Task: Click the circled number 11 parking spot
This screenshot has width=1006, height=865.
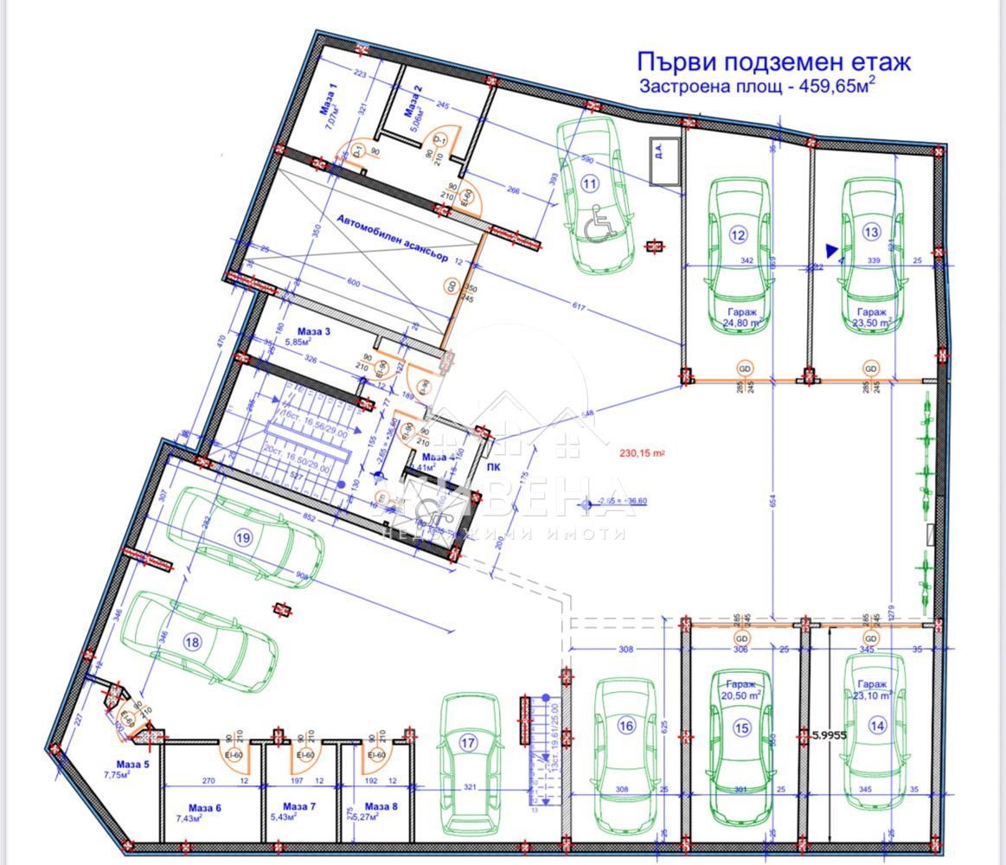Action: (x=589, y=183)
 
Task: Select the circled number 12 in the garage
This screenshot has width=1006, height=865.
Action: (x=737, y=234)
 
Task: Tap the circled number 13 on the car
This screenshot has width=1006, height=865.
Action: (x=871, y=232)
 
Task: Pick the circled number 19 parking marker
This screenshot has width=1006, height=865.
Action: (x=243, y=537)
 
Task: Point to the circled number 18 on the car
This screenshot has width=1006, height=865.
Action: (x=192, y=642)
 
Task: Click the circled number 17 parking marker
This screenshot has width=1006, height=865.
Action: (x=468, y=742)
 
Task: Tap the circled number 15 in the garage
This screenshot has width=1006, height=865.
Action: (x=741, y=728)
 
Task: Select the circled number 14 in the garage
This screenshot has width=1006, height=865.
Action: (x=877, y=727)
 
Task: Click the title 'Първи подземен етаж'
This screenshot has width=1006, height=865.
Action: (x=773, y=62)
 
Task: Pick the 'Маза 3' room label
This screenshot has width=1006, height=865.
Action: (x=314, y=330)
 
